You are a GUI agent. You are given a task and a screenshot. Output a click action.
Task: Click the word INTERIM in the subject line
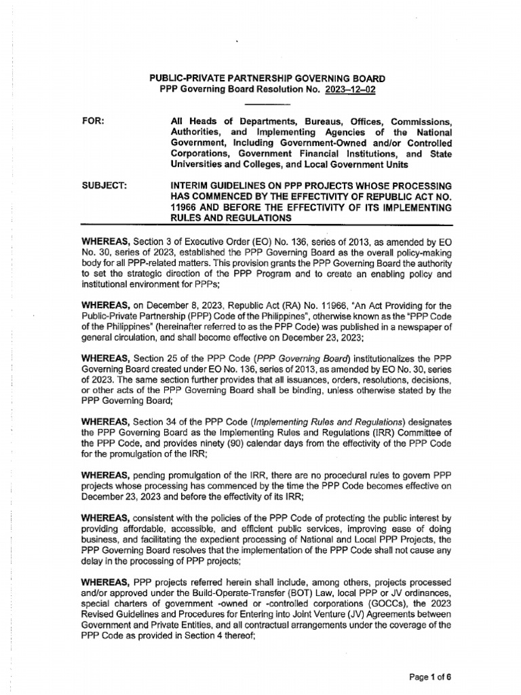pos(195,186)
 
